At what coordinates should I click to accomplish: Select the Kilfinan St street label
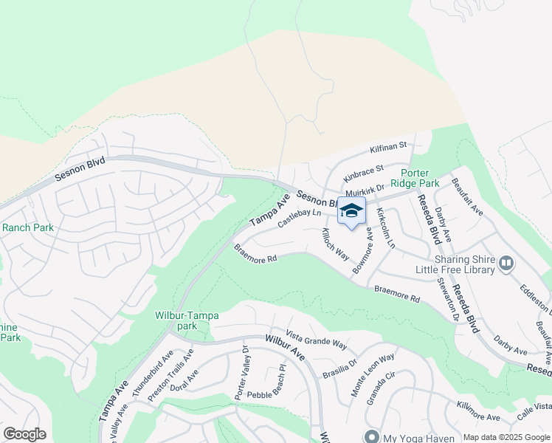pyautogui.click(x=388, y=148)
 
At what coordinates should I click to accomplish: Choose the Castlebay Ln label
pyautogui.click(x=300, y=219)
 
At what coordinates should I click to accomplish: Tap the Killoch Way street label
pyautogui.click(x=335, y=243)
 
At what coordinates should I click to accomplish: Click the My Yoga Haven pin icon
pyautogui.click(x=372, y=435)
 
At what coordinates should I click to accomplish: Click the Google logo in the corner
pyautogui.click(x=24, y=434)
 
